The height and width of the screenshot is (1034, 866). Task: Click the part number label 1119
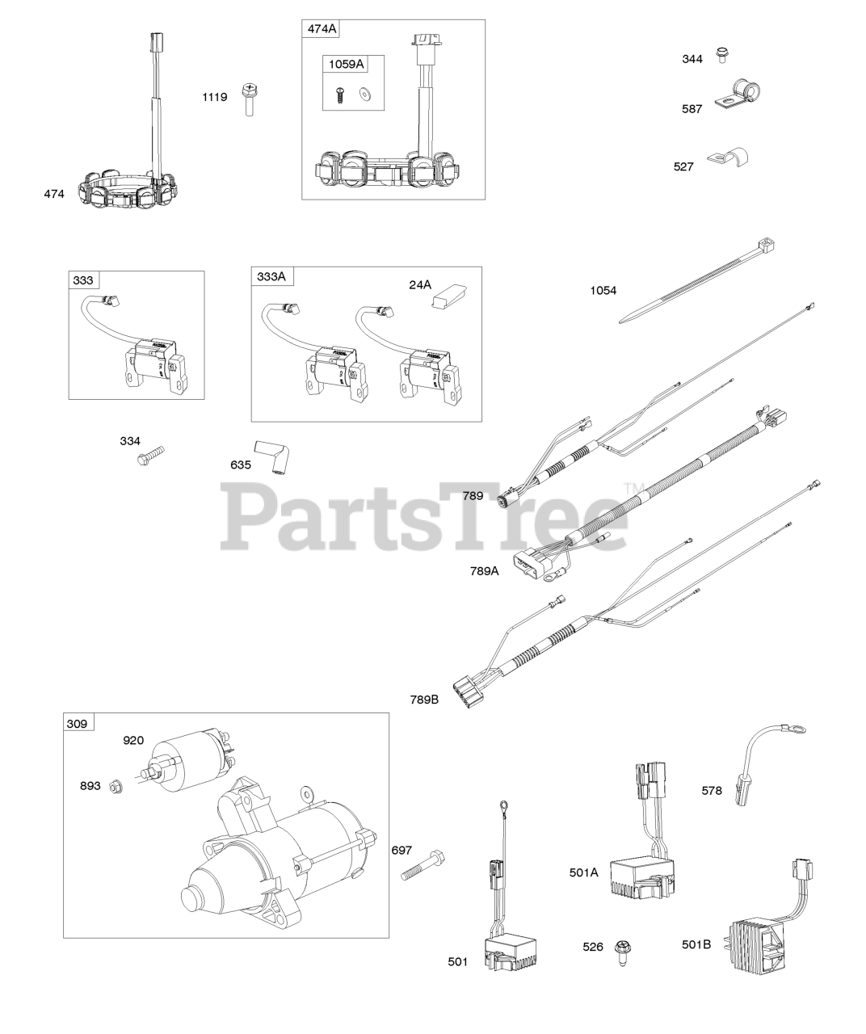214,97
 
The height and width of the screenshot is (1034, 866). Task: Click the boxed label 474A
321,30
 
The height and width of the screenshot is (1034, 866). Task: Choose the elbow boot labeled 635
272,456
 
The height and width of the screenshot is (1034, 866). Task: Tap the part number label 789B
423,699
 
